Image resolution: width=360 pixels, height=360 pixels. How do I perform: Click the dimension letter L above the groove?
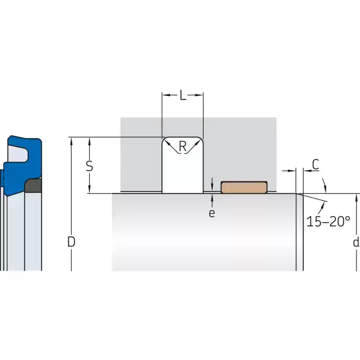(x=183, y=95)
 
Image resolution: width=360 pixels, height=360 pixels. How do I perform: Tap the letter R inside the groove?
(x=183, y=147)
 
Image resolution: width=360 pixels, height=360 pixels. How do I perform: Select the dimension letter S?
(x=89, y=166)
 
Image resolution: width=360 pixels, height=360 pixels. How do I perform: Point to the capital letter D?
(x=71, y=242)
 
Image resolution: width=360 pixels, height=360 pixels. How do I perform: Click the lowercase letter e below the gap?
(x=212, y=213)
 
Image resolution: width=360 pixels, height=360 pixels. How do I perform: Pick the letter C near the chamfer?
(x=316, y=164)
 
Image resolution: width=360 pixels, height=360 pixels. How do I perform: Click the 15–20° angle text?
(x=328, y=221)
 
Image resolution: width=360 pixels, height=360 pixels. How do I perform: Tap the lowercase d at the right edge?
(x=356, y=242)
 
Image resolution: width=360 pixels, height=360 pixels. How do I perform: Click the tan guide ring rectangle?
(x=244, y=187)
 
